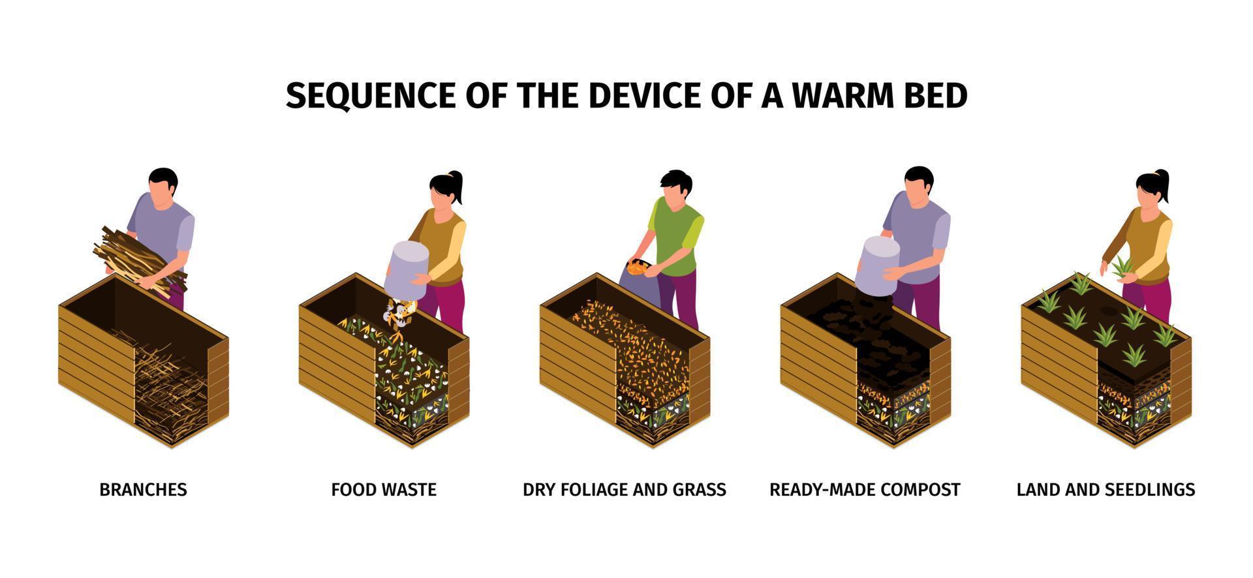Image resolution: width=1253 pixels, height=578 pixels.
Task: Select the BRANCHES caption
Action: pyautogui.click(x=143, y=489)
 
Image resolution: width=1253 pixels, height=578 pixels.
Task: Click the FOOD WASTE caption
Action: pyautogui.click(x=384, y=489)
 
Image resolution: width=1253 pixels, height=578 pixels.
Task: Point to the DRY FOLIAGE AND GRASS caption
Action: pyautogui.click(x=625, y=489)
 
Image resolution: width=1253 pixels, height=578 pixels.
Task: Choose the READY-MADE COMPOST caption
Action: pyautogui.click(x=865, y=489)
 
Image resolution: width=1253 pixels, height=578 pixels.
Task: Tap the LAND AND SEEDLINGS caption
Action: pyautogui.click(x=1106, y=489)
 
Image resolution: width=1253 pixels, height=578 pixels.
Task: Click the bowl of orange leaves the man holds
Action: pyautogui.click(x=638, y=266)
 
